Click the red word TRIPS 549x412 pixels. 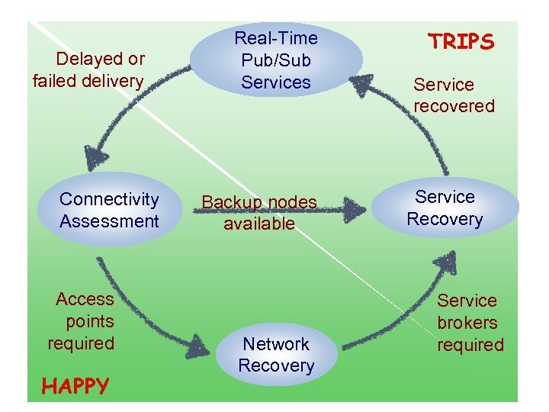tap(461, 41)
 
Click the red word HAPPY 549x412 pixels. tap(75, 386)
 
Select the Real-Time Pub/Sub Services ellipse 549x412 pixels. tap(276, 60)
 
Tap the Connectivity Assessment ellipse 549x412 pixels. tap(109, 211)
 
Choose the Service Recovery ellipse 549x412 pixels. tap(445, 208)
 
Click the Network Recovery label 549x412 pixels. tap(276, 355)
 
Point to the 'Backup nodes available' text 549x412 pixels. tap(258, 213)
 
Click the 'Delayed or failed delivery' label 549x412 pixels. tap(88, 69)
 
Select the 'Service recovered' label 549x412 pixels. tap(454, 95)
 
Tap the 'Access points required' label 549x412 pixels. tap(82, 321)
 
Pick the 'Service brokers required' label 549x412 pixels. tap(469, 323)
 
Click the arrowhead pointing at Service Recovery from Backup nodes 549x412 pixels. tap(355, 208)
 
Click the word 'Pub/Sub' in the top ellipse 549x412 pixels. tap(276, 60)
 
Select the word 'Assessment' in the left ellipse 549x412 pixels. tap(109, 222)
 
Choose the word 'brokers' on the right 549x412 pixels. tap(467, 323)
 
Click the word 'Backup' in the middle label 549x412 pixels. tap(230, 202)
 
